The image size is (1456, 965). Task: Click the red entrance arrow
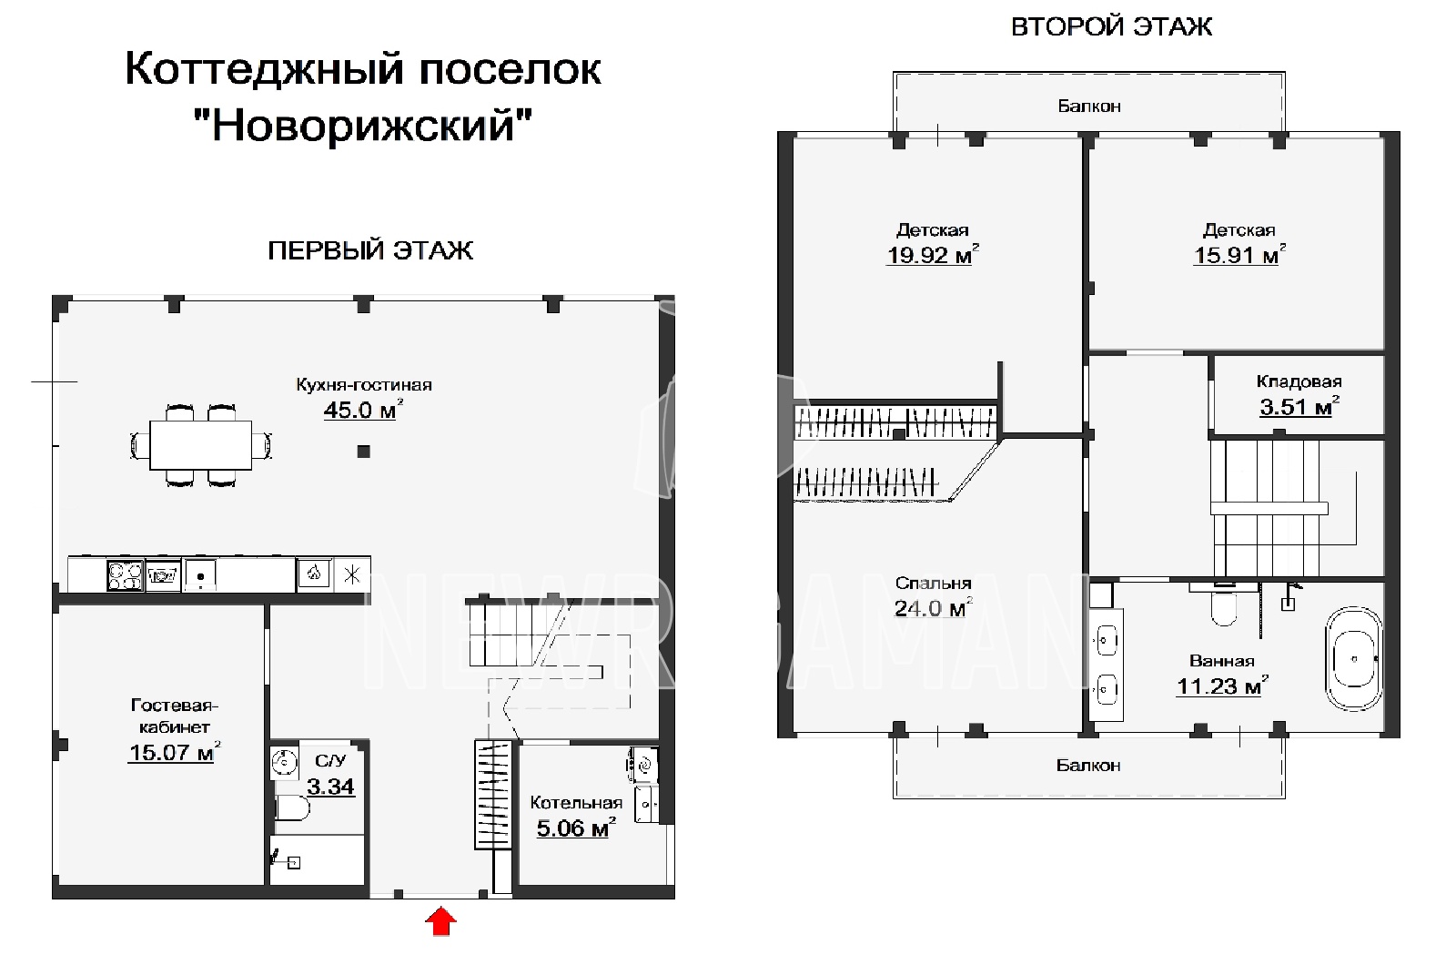440,921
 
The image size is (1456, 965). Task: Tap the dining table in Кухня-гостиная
201,445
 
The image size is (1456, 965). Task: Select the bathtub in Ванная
1354,659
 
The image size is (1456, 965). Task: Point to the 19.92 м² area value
933,254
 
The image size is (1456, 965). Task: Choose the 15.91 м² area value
1239,254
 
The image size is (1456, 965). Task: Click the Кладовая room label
1299,381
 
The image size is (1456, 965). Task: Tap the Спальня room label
934,584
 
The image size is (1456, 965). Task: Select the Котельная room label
577,802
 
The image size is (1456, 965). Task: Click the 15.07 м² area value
174,752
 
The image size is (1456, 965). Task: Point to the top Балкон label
1089,106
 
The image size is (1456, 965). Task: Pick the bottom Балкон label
1088,766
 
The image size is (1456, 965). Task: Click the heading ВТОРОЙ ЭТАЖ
1111,26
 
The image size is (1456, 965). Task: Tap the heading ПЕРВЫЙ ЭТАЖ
370,250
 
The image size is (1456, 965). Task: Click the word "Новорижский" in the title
363,125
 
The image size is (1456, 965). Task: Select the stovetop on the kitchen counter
126,575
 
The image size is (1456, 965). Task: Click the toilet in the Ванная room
1223,605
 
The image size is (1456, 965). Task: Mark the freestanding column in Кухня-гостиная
364,452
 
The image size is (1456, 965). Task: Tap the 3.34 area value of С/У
331,787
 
